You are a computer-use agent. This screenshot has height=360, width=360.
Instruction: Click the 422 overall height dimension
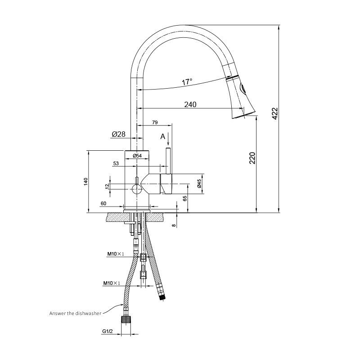click(275, 113)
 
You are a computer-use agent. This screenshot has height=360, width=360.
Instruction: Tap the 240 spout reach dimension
click(190, 104)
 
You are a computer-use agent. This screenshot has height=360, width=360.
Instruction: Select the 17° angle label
click(187, 82)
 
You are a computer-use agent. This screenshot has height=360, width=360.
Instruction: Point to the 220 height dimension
click(252, 158)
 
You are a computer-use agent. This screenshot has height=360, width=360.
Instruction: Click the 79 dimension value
click(155, 122)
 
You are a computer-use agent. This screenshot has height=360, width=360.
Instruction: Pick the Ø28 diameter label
click(118, 134)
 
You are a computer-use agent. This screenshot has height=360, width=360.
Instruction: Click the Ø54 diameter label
click(137, 156)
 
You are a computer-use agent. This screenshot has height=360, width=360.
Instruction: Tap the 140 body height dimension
click(85, 181)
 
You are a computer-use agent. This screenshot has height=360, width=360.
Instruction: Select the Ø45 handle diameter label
click(199, 184)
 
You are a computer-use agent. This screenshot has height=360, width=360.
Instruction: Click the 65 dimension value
click(185, 198)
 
